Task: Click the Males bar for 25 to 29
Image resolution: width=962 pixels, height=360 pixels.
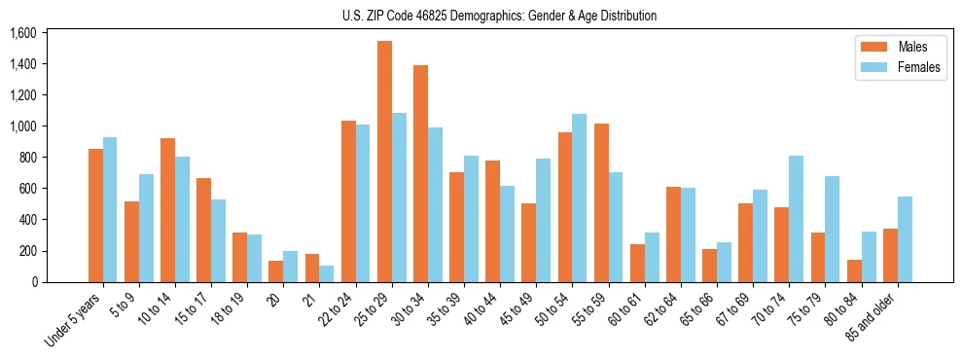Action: pyautogui.click(x=384, y=162)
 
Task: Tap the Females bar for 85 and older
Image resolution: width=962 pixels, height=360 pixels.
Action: pyautogui.click(x=905, y=239)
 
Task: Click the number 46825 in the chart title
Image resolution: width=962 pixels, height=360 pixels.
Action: pyautogui.click(x=446, y=16)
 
